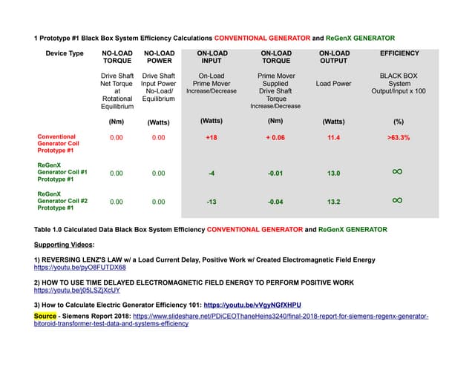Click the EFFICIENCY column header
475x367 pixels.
[x=399, y=53]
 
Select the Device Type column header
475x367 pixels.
[x=65, y=53]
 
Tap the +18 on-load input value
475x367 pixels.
[x=212, y=138]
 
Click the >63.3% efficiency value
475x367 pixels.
[x=399, y=138]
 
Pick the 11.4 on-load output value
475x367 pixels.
[x=333, y=138]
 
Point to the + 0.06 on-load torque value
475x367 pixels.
[x=276, y=138]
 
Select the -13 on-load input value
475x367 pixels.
[x=212, y=201]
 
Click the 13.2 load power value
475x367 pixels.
[x=333, y=201]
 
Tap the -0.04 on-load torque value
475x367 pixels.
[x=276, y=201]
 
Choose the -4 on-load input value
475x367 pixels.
[x=212, y=173]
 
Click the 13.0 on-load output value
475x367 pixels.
[x=333, y=173]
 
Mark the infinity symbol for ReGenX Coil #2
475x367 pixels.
[x=397, y=200]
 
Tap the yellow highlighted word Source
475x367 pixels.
[x=45, y=316]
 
